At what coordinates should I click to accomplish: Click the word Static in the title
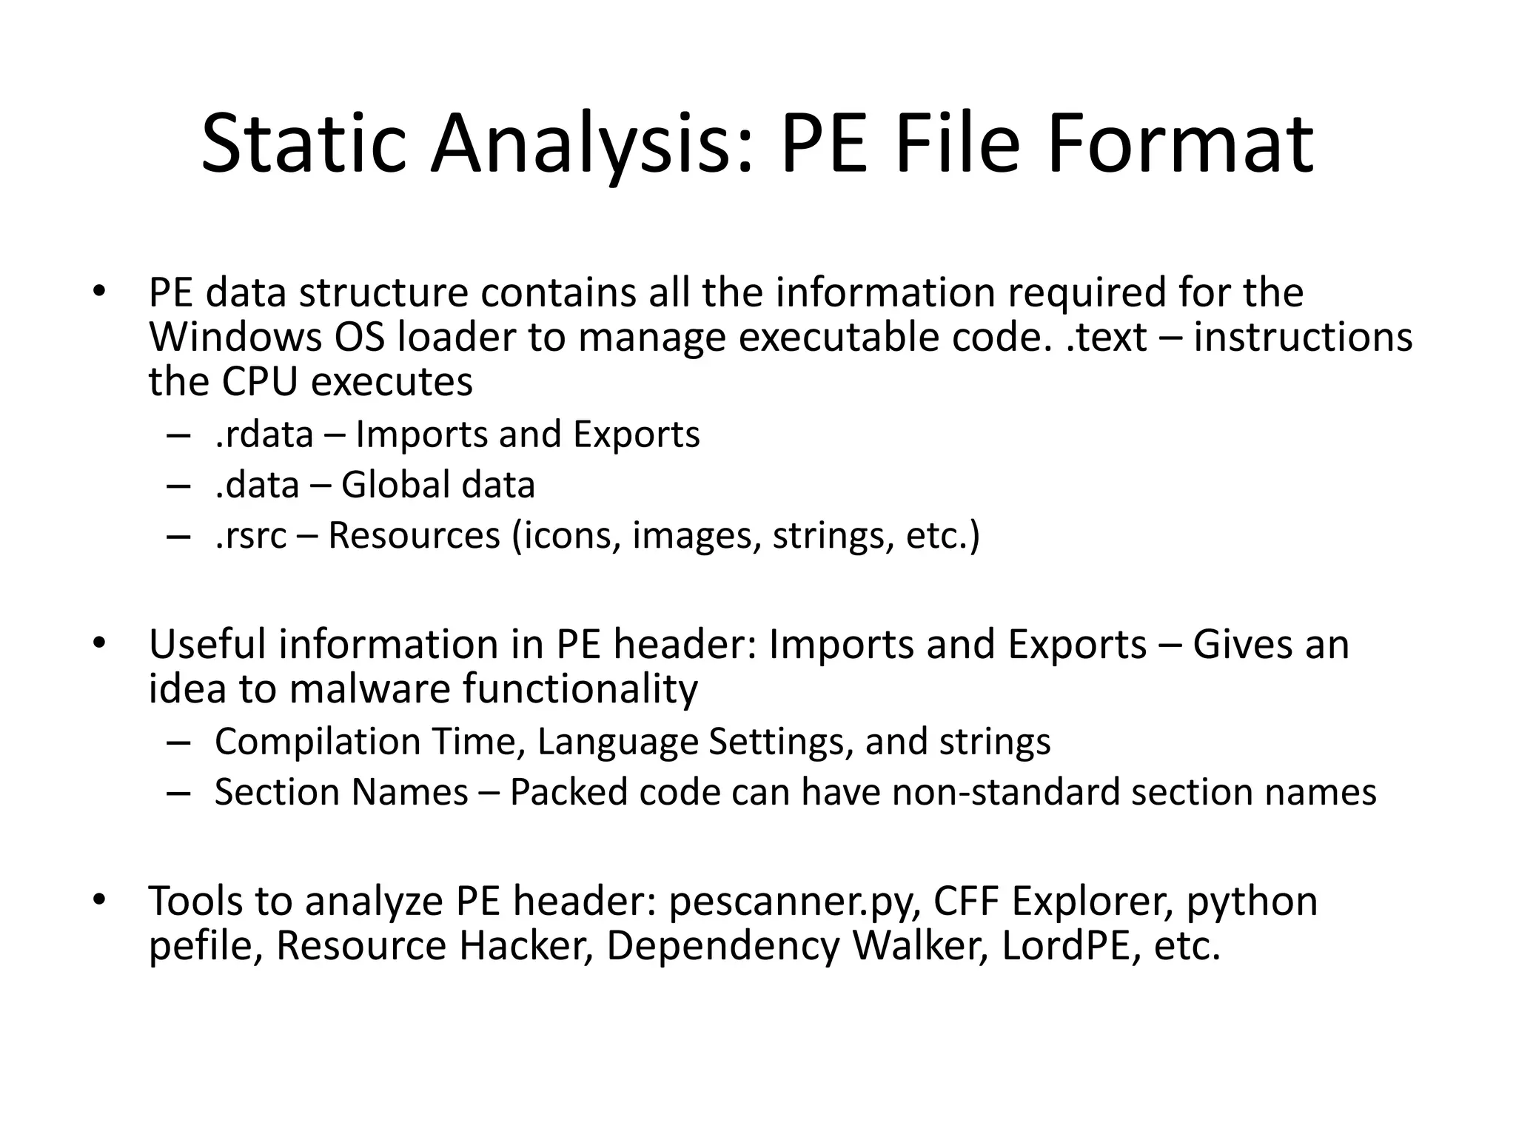pos(303,143)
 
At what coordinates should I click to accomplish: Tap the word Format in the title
pos(1181,143)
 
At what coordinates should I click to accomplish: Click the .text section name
pos(1107,338)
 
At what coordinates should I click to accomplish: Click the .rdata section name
pos(264,434)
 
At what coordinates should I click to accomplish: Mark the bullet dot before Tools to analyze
pos(98,900)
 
